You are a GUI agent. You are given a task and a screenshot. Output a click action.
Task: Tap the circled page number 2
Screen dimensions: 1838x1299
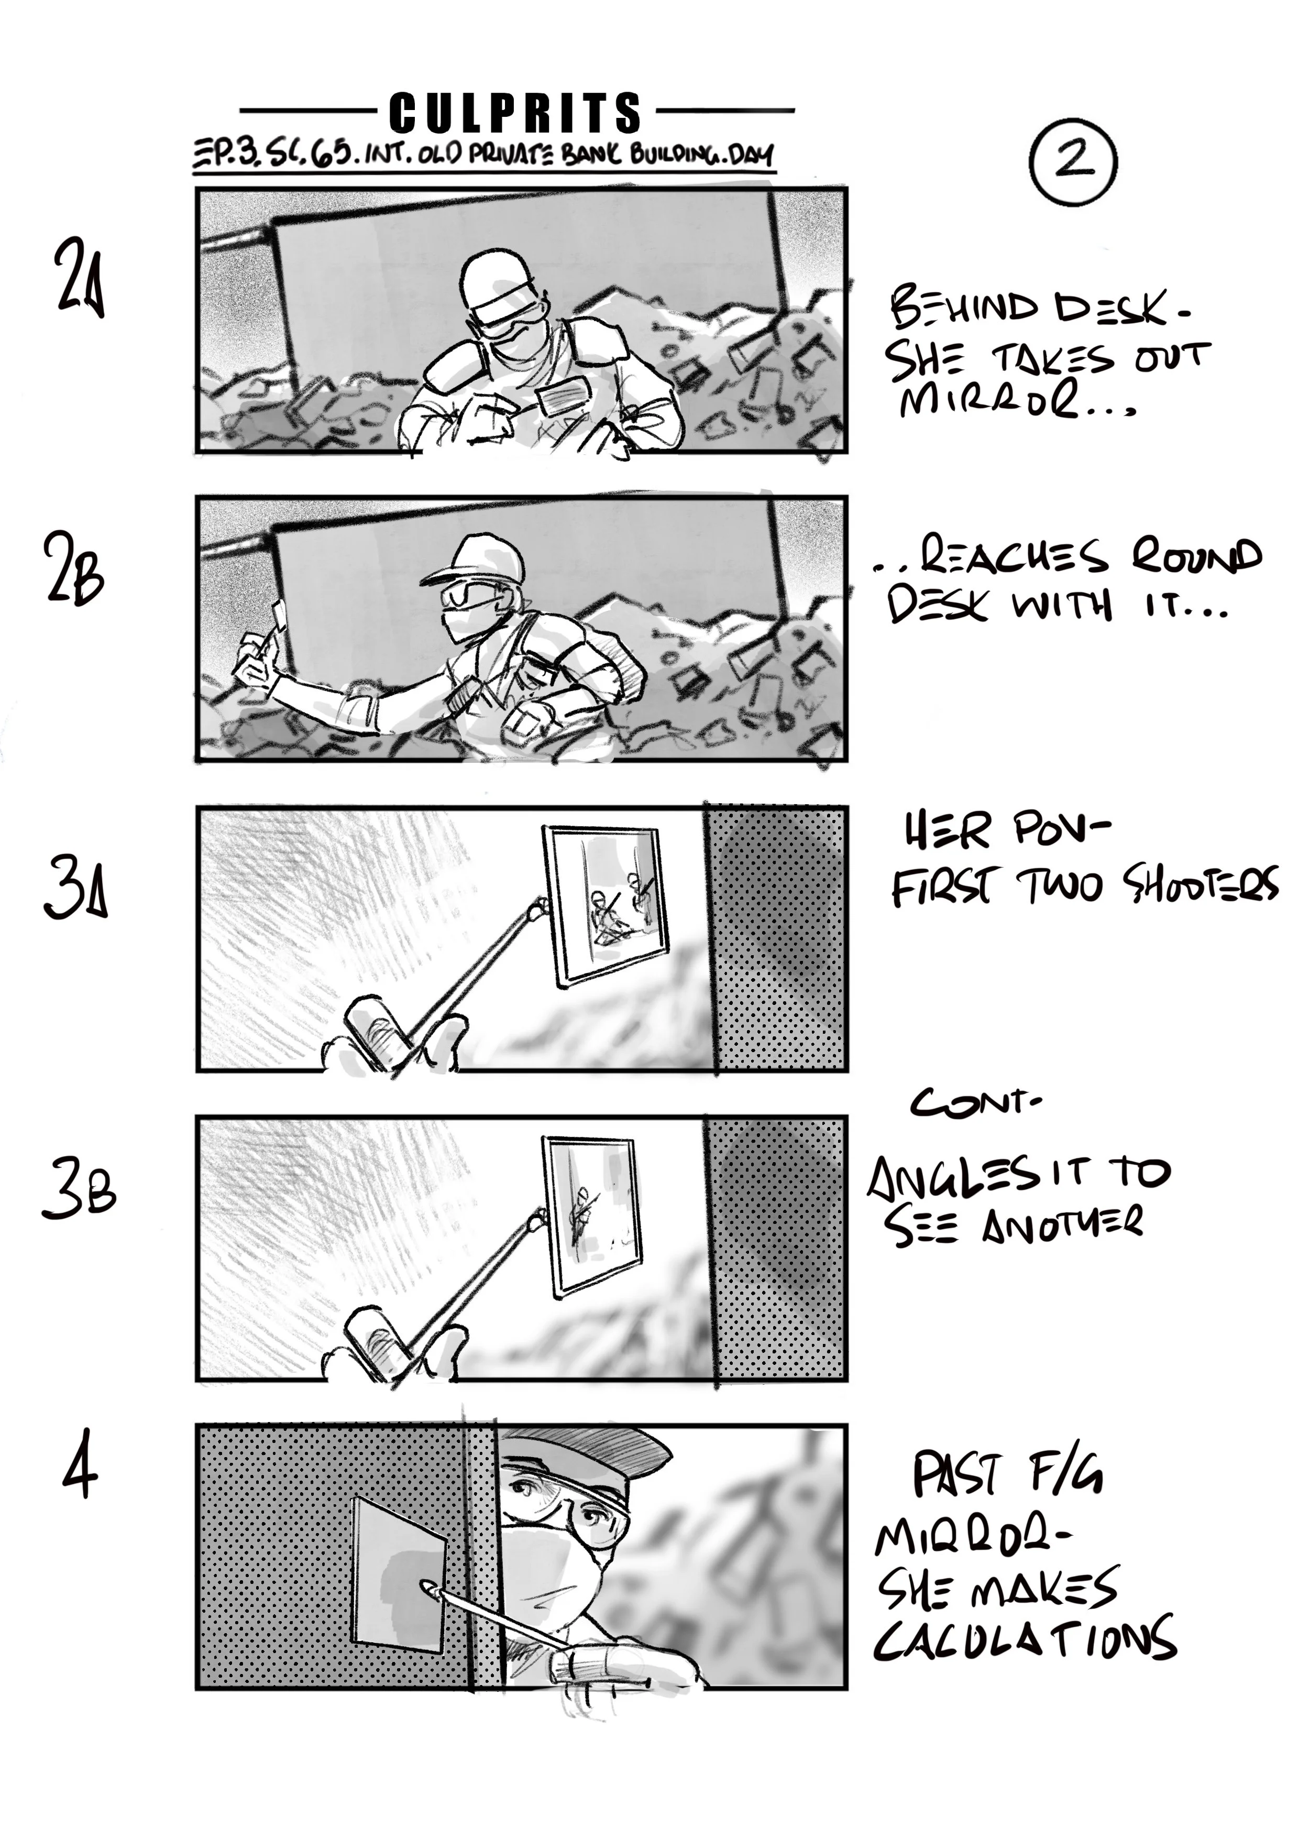point(1073,160)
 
